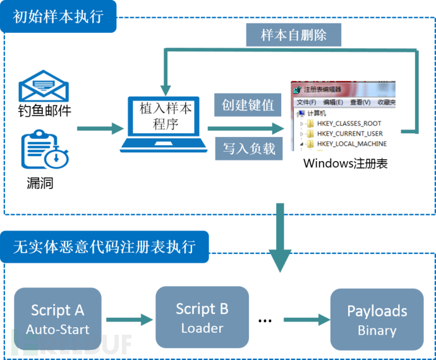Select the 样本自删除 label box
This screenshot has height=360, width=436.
[x=293, y=35]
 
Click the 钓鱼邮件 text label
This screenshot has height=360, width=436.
[x=44, y=111]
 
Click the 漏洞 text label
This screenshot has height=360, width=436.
[x=39, y=183]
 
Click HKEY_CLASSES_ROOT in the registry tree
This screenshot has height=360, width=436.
[x=349, y=123]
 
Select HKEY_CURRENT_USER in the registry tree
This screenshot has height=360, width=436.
[x=349, y=133]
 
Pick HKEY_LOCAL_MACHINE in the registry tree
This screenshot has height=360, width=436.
[x=351, y=143]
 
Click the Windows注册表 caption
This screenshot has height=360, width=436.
[x=345, y=164]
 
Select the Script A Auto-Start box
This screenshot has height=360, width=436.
[x=58, y=320]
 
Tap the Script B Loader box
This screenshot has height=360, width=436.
[x=202, y=318]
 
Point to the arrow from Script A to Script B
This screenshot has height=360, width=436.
[x=129, y=320]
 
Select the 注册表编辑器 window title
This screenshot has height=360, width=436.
[x=322, y=90]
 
